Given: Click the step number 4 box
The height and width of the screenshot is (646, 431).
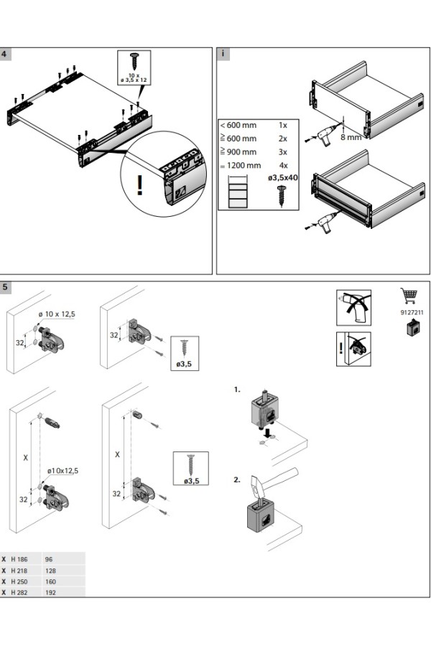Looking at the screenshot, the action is coord(5,54).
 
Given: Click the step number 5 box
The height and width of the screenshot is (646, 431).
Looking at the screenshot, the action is coord(5,287).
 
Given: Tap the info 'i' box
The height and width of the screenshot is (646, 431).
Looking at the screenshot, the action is coord(223,54).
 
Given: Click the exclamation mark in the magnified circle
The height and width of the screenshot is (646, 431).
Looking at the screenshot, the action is coord(140,185).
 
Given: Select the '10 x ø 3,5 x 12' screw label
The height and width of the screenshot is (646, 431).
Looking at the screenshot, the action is coord(134,78).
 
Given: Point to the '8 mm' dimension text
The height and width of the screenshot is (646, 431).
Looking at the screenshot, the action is coord(351,137).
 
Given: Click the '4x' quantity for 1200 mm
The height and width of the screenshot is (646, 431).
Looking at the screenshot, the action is coord(283,166).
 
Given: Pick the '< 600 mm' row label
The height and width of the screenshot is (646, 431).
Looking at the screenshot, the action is coord(238,125).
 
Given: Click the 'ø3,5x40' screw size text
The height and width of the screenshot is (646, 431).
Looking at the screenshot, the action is coord(283,178).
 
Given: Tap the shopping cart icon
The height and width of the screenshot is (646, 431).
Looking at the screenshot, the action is coord(409,296).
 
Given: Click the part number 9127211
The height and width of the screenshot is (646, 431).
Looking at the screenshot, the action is coord(412,312).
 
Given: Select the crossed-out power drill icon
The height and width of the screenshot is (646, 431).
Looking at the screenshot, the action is coord(353,307).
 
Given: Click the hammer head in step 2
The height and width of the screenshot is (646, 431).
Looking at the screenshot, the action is coord(257,486).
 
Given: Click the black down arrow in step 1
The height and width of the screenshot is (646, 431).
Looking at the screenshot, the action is coord(269,433).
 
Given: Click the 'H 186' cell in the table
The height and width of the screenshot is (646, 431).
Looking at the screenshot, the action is coord(19,559).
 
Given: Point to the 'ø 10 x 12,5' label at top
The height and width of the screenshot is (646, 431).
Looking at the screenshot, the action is coord(57,314).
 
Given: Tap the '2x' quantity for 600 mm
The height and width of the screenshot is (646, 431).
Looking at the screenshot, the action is coord(283,139).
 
